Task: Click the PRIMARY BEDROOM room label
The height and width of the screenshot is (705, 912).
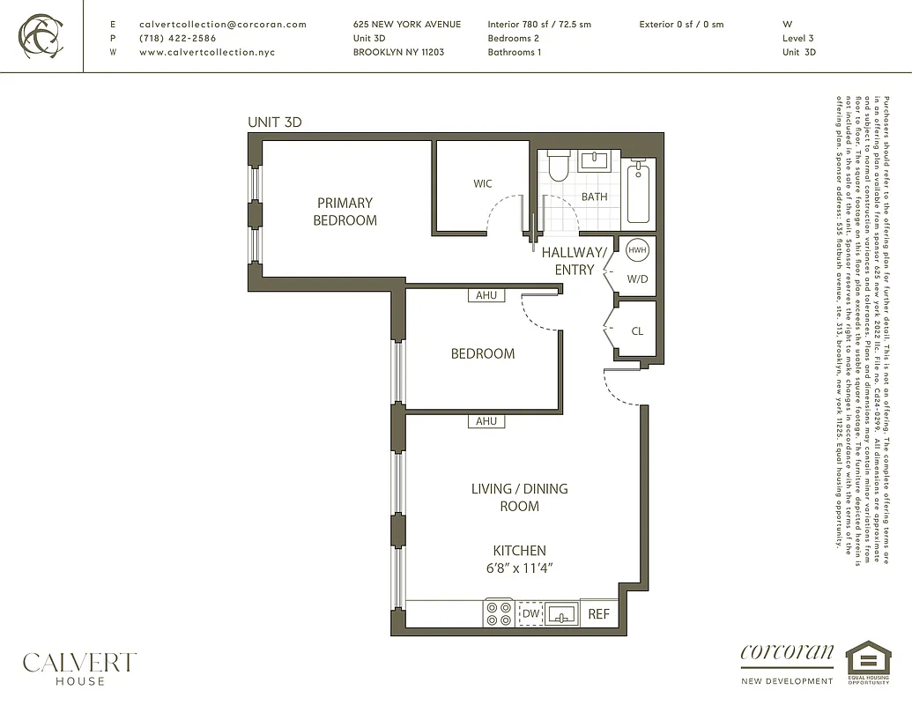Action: point(345,211)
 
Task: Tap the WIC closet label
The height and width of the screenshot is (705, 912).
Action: point(482,184)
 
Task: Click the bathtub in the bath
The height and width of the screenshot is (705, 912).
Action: point(639,193)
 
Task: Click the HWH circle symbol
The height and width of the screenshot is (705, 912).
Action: point(636,250)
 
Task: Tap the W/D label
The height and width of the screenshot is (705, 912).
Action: point(637,279)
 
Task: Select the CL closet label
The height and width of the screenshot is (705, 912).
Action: point(637,332)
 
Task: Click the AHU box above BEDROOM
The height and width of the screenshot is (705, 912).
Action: point(486,296)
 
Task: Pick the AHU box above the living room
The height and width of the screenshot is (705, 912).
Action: point(486,421)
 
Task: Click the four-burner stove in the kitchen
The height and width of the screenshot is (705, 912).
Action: point(499,613)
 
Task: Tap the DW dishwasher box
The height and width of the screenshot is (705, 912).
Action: point(530,613)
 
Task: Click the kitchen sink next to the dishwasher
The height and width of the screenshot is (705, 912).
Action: point(560,613)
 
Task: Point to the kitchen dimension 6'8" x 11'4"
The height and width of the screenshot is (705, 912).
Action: point(519,568)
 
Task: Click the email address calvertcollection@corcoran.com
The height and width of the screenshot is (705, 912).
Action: point(223,25)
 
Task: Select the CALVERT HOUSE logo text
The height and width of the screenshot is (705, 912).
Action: point(79,667)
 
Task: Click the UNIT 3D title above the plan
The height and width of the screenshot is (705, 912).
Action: point(275,122)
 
